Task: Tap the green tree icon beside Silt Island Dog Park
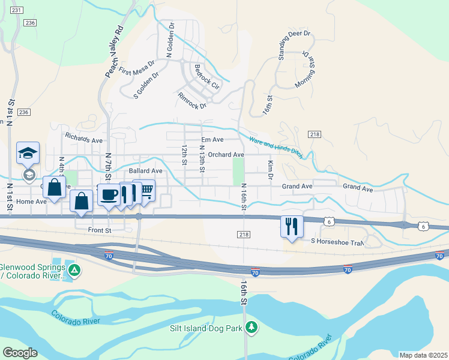click(253, 327)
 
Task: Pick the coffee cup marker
click(110, 194)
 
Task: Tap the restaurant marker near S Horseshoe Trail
click(292, 226)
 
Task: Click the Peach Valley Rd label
click(114, 52)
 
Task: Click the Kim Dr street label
click(270, 170)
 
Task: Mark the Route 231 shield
click(17, 11)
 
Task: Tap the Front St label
click(100, 230)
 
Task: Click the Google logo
click(20, 352)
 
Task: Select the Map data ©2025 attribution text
click(423, 355)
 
